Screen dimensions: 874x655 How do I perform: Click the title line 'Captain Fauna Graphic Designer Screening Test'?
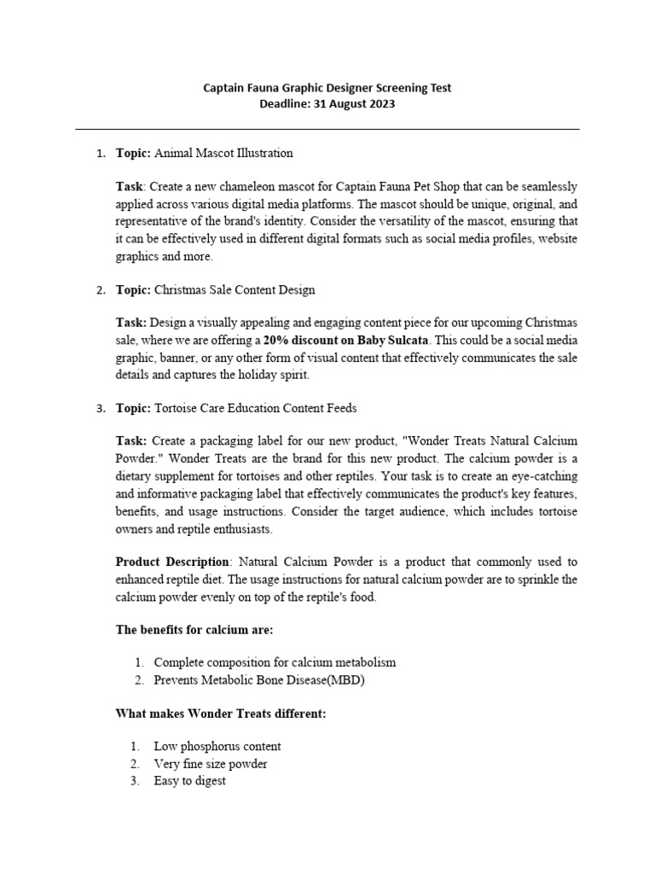(x=327, y=87)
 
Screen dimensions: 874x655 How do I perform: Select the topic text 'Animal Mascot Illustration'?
(x=223, y=153)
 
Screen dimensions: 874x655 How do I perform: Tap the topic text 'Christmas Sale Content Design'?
(x=235, y=289)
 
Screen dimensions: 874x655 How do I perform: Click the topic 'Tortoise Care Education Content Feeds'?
(x=256, y=408)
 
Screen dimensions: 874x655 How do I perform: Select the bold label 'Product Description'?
(x=172, y=562)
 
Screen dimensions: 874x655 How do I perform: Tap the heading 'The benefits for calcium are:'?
(x=194, y=629)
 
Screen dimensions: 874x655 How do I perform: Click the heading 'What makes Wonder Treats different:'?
(x=220, y=713)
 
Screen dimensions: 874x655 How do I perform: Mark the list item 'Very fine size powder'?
(x=211, y=763)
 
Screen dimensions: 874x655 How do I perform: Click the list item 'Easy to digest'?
(x=190, y=780)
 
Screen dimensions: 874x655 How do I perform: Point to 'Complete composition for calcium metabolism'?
(x=275, y=662)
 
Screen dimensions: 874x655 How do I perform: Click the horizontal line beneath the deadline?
(x=327, y=129)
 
